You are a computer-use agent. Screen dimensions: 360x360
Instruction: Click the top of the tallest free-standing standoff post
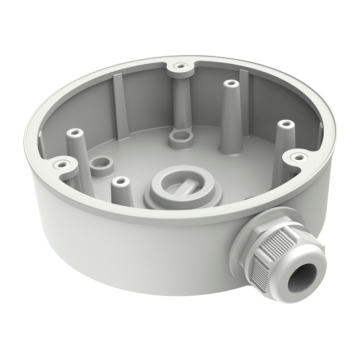pyautogui.click(x=230, y=84)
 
